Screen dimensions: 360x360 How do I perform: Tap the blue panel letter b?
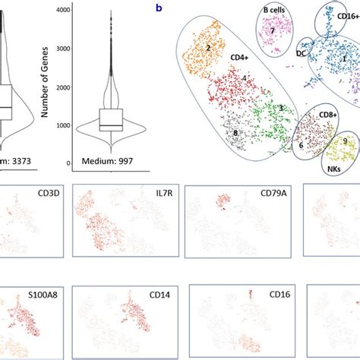coord(159,8)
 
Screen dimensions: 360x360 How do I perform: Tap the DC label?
coord(302,53)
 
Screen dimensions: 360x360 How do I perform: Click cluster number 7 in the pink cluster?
coord(271,30)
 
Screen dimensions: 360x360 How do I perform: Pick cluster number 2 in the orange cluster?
coord(207,47)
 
